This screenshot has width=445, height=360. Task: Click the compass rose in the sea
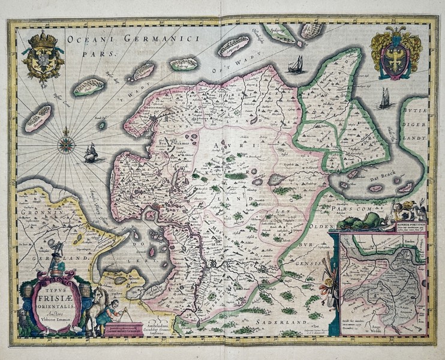pyautogui.click(x=64, y=143)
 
